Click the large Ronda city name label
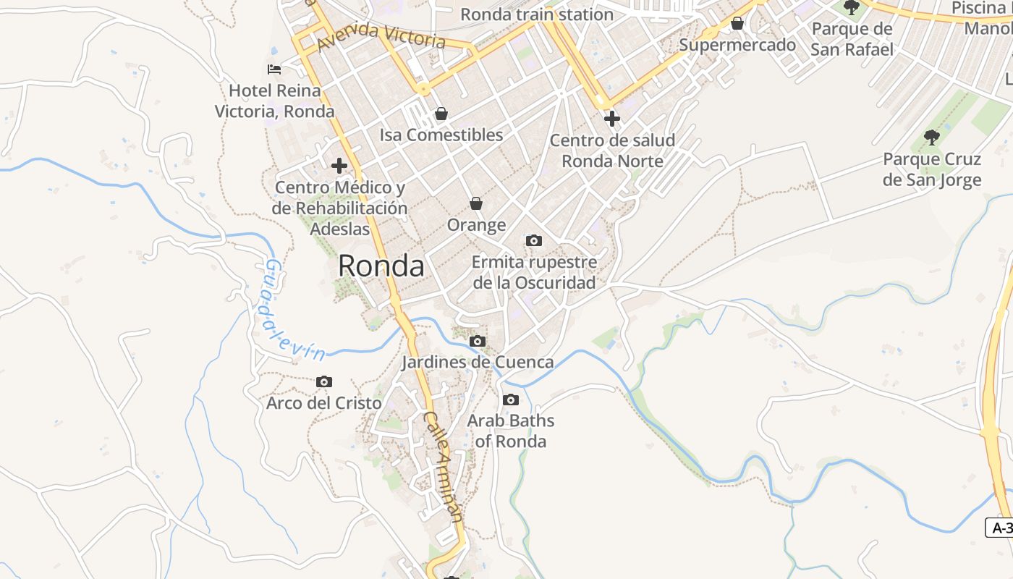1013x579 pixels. (381, 266)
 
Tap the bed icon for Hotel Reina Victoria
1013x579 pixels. (274, 69)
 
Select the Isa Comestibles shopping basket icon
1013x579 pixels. (441, 114)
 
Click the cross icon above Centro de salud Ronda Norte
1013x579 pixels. (612, 118)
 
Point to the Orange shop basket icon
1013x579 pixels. (475, 203)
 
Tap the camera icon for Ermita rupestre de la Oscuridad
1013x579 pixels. (534, 240)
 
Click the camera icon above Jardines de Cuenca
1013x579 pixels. (478, 341)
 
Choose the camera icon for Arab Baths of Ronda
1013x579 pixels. (511, 400)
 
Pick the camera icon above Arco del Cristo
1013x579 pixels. (324, 381)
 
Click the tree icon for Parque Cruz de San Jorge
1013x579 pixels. (932, 137)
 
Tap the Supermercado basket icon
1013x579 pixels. (737, 24)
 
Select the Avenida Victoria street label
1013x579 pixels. (381, 36)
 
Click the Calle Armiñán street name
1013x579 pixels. (443, 468)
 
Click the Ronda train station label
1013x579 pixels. (537, 14)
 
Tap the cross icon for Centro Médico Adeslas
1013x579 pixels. (339, 166)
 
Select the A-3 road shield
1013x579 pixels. (1001, 528)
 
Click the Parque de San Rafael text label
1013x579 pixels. (852, 39)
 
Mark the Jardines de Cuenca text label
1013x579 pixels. (478, 362)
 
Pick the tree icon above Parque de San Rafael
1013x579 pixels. (852, 8)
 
